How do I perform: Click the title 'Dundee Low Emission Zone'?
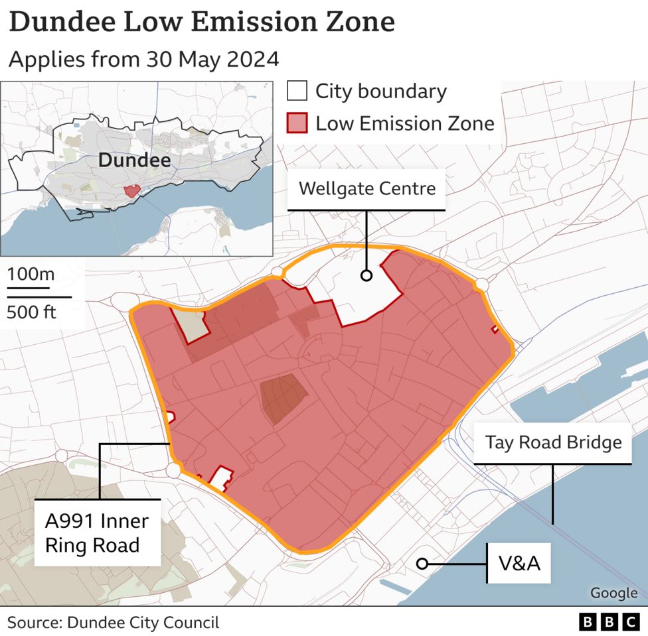pos(202,22)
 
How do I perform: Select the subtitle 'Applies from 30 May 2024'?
pos(143,59)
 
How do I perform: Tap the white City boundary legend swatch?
pos(297,92)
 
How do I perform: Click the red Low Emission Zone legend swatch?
pos(297,123)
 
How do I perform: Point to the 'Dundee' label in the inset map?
pos(134,160)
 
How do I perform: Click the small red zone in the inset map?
pos(132,190)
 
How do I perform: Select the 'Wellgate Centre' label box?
pos(366,188)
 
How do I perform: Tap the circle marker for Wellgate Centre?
pos(366,276)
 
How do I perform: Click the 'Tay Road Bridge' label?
pos(552,442)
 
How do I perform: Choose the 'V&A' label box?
pos(519,564)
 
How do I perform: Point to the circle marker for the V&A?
pos(421,564)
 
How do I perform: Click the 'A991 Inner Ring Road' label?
pos(97,533)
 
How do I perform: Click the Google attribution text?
pos(613,593)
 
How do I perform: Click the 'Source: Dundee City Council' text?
pos(113,622)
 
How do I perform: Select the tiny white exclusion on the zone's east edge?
pos(495,329)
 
